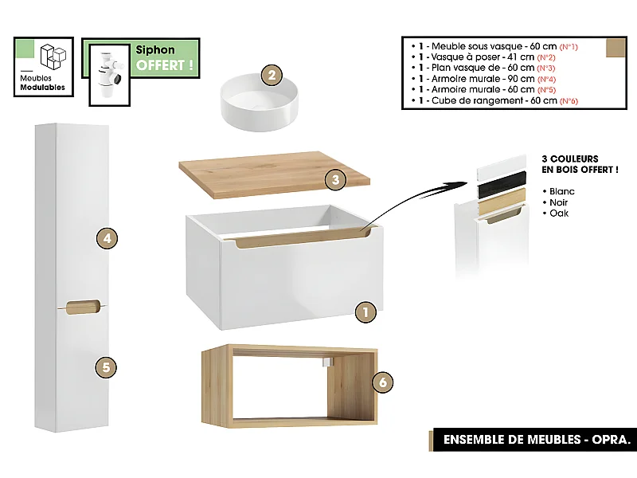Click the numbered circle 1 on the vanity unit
pos(365,312)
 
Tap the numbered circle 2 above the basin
pos(272,76)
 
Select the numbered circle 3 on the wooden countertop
pos(336,180)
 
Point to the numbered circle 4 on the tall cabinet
pos(106,237)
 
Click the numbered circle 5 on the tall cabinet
pos(106,367)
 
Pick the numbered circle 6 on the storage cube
pos(383,382)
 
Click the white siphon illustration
pos(107,71)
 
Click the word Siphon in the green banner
pos(155,50)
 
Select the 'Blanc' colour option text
pos(561,191)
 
